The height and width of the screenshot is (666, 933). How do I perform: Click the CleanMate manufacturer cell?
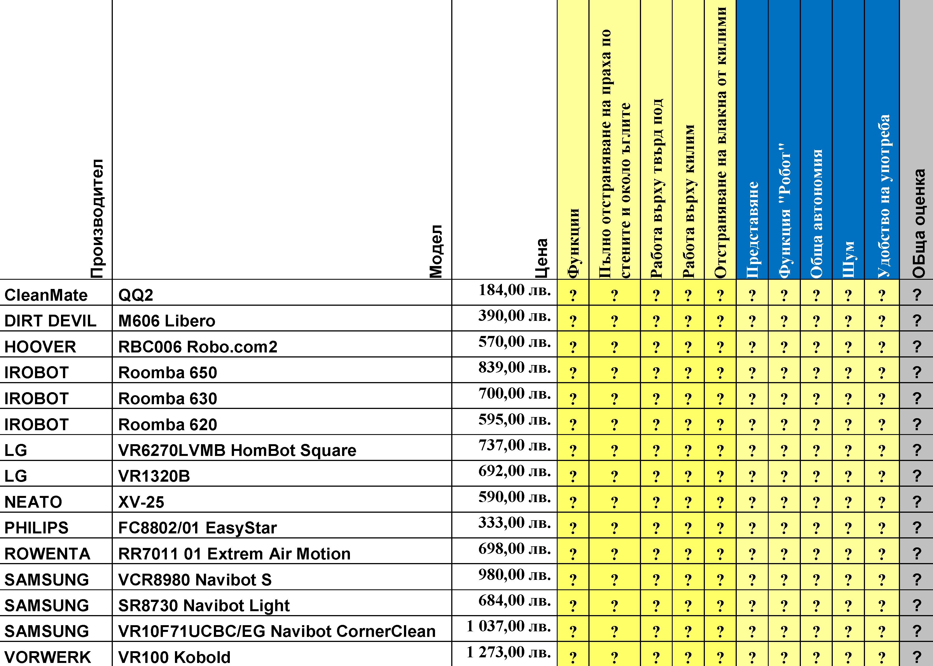46,295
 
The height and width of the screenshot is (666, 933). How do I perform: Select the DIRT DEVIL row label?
50,321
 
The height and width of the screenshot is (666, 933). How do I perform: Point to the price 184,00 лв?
515,290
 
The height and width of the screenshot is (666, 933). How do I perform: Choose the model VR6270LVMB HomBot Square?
237,450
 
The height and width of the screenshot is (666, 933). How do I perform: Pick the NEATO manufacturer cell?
33,502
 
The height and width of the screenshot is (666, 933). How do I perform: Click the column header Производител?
97,218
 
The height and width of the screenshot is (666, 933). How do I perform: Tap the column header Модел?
436,251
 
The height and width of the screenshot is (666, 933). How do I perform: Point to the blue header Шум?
848,259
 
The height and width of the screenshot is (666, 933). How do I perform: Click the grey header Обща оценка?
919,223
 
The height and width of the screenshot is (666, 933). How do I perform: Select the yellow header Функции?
573,243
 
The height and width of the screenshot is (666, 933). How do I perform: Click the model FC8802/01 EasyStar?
197,528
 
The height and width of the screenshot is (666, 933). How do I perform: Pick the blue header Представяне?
752,230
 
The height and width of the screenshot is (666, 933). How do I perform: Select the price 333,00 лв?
515,523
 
